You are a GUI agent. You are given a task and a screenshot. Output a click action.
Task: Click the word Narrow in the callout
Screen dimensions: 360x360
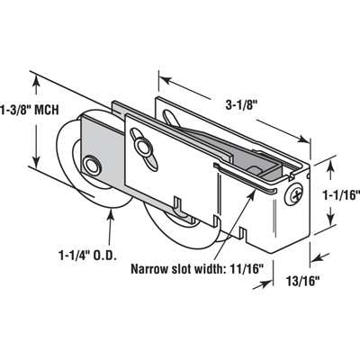click(150, 268)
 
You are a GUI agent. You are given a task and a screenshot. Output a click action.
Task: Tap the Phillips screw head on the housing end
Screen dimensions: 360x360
click(296, 191)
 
